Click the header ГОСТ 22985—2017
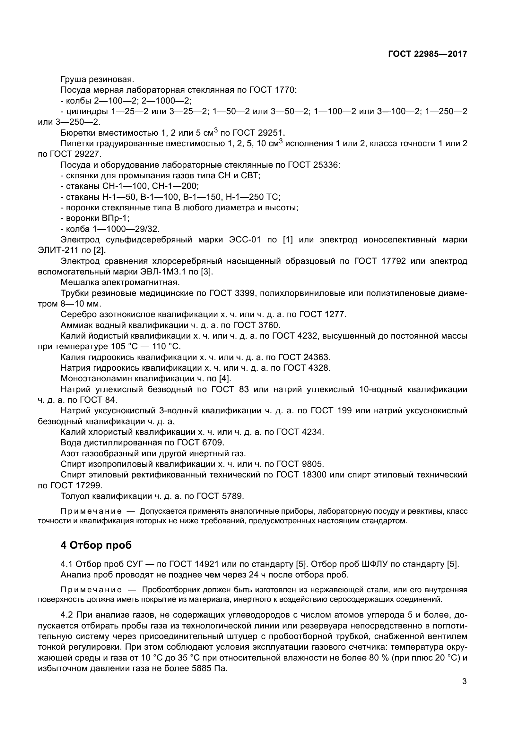point(427,54)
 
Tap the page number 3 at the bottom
point(464,681)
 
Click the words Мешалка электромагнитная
point(120,282)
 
